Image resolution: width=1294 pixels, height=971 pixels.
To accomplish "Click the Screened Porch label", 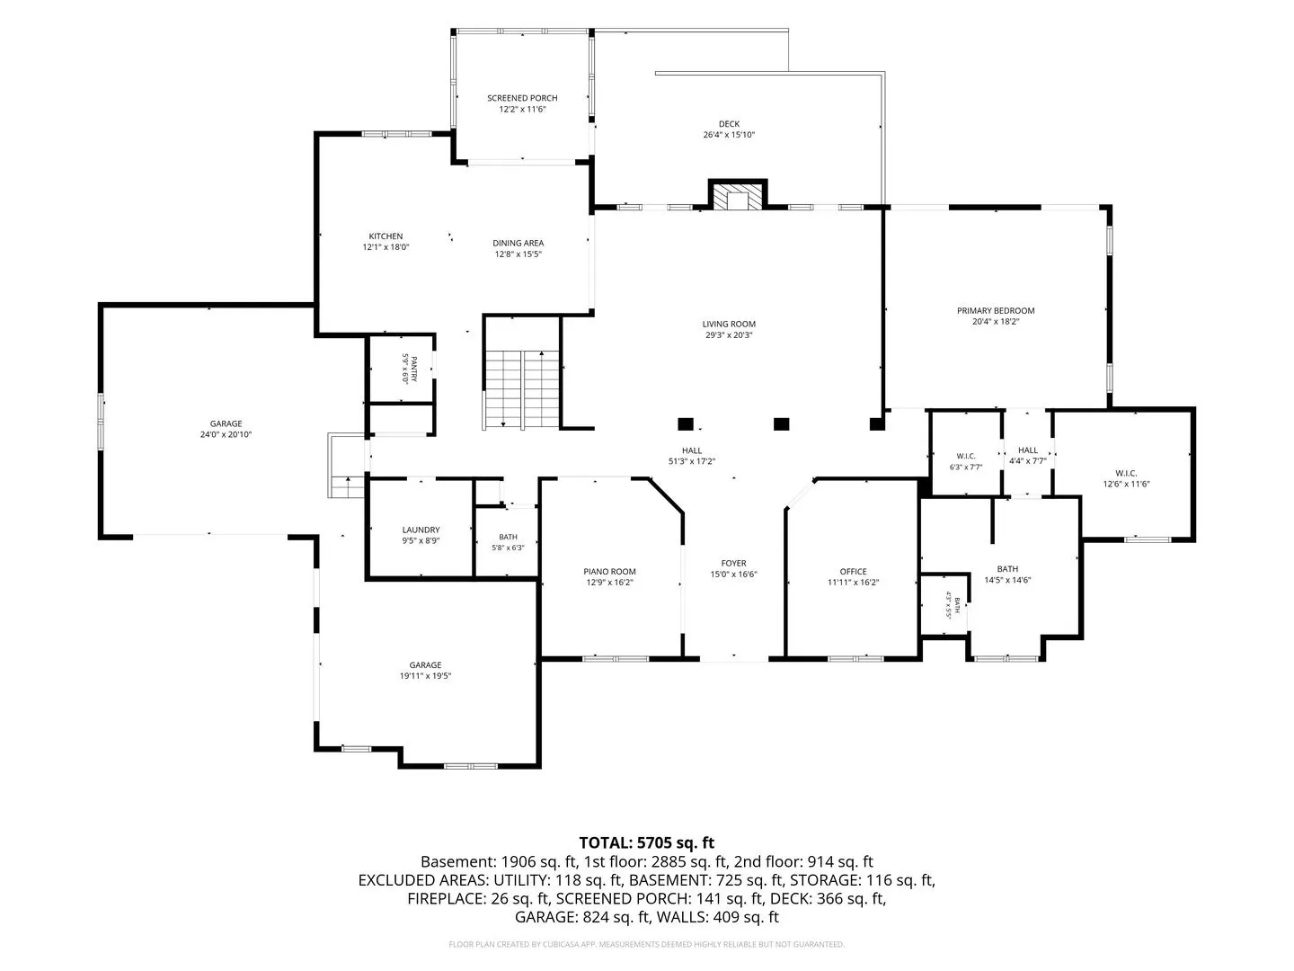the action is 522,98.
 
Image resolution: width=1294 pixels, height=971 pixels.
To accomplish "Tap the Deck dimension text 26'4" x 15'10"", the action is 729,135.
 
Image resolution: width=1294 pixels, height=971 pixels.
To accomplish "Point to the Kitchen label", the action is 386,236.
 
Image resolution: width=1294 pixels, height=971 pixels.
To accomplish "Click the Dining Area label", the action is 518,243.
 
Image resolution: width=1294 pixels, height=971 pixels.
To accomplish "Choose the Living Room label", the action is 729,324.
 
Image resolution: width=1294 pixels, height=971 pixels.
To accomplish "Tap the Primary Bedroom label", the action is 995,311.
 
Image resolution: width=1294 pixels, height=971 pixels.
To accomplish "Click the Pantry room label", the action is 414,369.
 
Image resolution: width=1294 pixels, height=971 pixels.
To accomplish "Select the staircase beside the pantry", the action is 521,389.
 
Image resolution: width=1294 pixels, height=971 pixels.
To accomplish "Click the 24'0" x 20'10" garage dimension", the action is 226,434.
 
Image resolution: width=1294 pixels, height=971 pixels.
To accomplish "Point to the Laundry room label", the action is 421,530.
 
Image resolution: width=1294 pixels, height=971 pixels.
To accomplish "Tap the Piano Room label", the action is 609,571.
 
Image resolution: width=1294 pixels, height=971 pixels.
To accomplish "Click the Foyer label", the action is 733,563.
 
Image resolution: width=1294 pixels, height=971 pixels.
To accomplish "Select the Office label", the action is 853,571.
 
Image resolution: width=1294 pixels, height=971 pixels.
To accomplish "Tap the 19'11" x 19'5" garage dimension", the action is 425,675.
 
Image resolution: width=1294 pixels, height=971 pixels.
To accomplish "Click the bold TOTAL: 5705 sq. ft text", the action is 647,842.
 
